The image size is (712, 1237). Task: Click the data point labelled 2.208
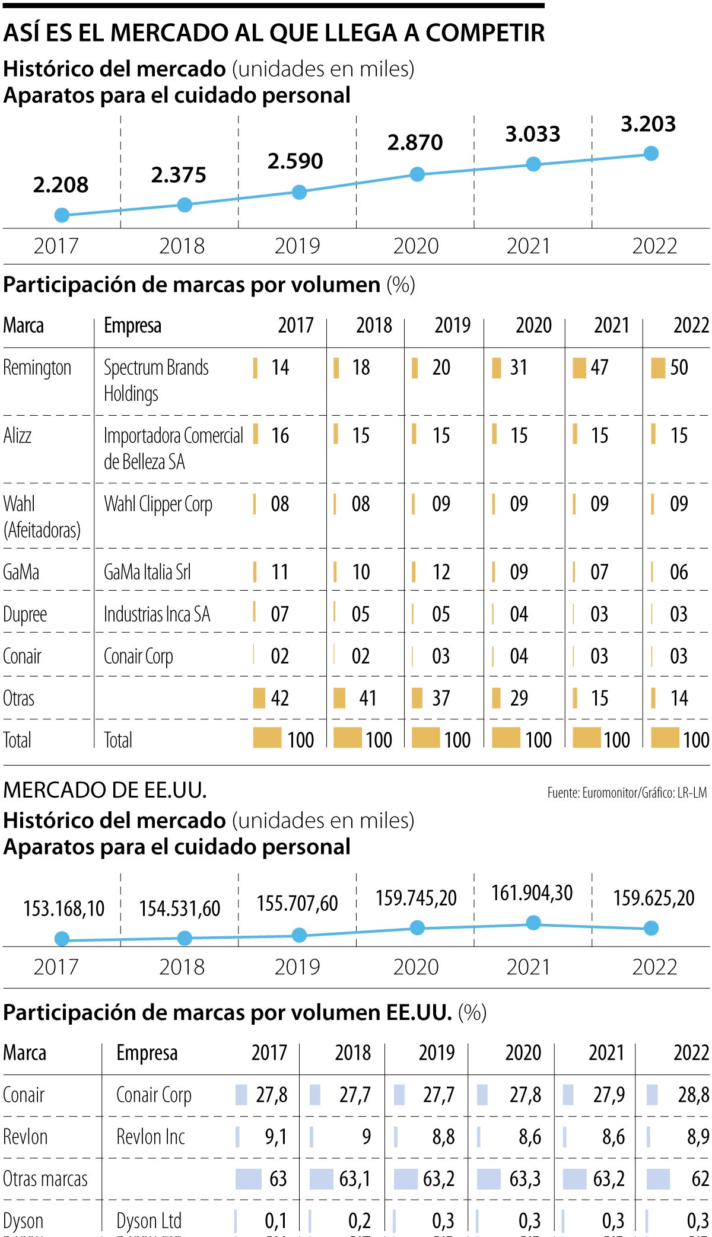coord(62,215)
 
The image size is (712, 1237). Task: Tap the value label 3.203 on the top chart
coord(648,124)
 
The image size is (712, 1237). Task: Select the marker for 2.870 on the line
coord(417,174)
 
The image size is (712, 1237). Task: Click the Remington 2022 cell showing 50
coord(679,368)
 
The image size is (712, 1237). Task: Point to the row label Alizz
coord(17,436)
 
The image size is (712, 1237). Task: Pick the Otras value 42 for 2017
coord(279,698)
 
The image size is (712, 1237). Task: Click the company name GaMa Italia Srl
coord(147,572)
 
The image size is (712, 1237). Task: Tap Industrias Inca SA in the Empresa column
coord(157,614)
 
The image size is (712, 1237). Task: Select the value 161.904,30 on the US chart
coord(532,893)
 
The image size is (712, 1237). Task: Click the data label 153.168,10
coord(63,908)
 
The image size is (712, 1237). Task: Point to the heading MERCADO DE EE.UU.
coord(104,790)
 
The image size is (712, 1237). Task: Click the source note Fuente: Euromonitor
coord(627,793)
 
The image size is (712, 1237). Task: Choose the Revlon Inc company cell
coord(151,1137)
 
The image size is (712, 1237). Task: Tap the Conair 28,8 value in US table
coord(693,1095)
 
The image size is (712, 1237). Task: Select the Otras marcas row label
coord(45,1179)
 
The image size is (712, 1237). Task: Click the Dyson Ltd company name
coord(149,1221)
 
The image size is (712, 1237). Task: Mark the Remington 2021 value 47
coord(599,368)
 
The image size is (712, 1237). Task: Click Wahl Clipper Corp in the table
coord(158,504)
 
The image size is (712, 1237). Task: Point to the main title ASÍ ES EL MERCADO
coord(274,33)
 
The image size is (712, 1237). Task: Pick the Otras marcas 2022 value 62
coord(700,1179)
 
